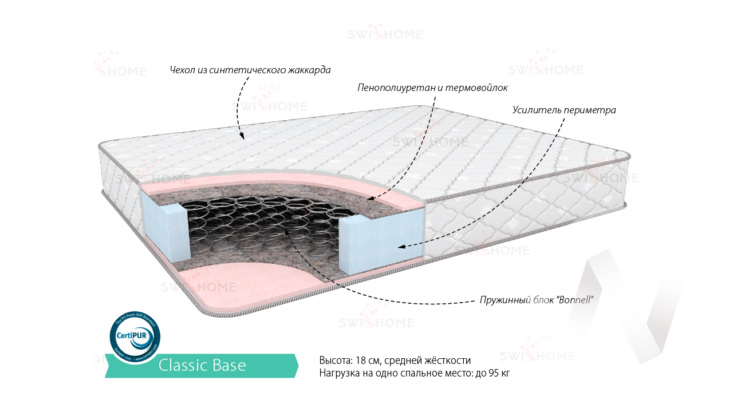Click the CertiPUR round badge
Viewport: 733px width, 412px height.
pos(135,337)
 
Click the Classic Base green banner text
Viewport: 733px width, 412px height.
pos(202,365)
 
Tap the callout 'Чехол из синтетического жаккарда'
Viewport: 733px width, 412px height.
pos(250,70)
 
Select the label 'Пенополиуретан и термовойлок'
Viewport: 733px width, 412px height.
pos(432,88)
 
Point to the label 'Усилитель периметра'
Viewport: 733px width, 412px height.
pos(564,110)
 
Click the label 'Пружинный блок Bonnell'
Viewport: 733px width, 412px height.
pos(536,300)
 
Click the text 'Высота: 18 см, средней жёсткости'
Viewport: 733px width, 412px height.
pos(395,360)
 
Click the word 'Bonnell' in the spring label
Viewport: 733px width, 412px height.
pos(574,300)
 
